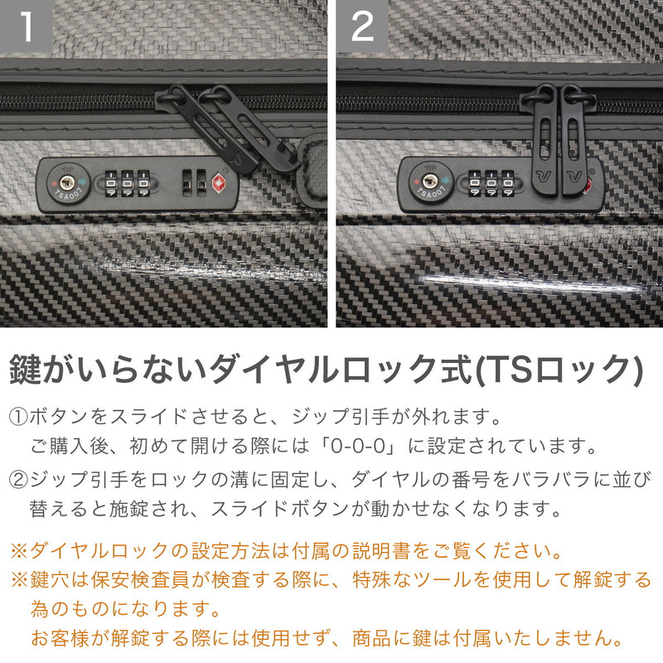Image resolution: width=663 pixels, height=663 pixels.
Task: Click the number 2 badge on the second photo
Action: [363, 27]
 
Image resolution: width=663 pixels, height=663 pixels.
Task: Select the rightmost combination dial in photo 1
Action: [144, 184]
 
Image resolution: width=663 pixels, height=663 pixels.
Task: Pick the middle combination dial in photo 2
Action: [491, 184]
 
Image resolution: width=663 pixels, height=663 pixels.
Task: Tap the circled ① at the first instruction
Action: [18, 414]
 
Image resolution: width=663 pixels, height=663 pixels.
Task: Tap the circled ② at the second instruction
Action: [18, 479]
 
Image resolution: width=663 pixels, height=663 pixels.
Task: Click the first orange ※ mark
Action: [18, 550]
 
